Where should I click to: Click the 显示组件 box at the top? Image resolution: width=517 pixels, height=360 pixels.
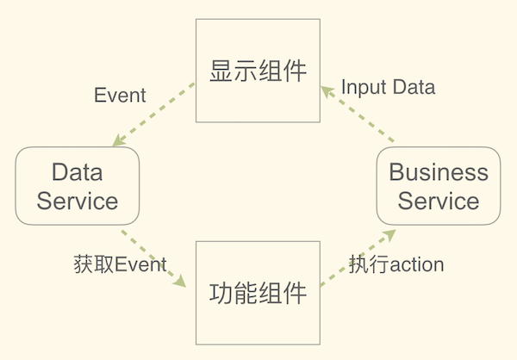point(258,71)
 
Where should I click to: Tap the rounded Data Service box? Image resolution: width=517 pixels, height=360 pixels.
point(78,186)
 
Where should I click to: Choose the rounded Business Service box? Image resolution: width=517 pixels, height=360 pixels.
point(439,186)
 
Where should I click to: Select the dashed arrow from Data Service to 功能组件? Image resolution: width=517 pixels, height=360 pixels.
point(153,258)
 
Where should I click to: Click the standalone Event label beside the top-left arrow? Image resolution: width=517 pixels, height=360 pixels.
point(120,96)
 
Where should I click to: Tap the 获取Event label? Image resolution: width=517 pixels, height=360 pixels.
point(120,264)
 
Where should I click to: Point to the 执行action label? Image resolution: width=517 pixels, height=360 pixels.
point(396,264)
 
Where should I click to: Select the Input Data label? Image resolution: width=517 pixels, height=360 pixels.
point(388,87)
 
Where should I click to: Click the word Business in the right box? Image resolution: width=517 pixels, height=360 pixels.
point(439,171)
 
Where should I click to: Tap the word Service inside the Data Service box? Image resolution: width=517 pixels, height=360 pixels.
point(78,202)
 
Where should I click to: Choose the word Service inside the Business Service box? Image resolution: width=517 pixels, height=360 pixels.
point(439,202)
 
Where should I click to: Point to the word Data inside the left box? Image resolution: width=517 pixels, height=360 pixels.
point(78,171)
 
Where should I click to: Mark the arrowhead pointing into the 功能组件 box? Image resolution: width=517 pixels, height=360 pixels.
point(180,282)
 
